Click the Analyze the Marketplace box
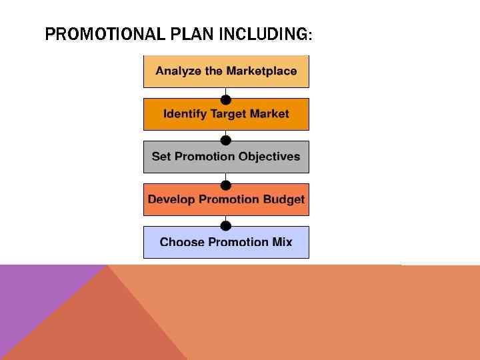pos(226,71)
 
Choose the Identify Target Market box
pos(226,114)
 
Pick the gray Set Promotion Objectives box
pos(226,157)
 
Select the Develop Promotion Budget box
pos(226,199)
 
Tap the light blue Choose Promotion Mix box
pos(226,242)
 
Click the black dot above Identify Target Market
pos(226,99)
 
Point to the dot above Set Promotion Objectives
pos(226,141)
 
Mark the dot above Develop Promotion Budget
pos(226,184)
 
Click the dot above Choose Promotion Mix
pos(226,226)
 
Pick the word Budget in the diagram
pos(283,199)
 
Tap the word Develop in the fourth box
pos(171,199)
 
